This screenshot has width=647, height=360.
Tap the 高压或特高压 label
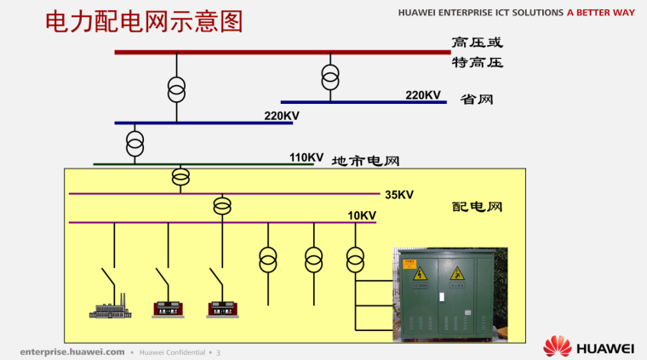point(477,51)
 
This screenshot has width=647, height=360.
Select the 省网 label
point(477,100)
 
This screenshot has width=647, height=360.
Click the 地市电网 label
point(365,160)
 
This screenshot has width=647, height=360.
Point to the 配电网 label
point(477,207)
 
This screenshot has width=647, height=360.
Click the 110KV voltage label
point(306,157)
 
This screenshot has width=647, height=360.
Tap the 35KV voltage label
point(398,195)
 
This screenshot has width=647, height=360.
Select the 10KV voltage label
point(362,215)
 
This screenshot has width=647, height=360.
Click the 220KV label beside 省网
point(423,94)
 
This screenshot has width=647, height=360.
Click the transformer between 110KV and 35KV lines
point(180,177)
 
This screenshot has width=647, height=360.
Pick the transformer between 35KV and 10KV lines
point(222,206)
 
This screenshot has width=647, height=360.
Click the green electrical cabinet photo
point(449,294)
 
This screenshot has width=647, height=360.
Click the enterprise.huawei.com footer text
point(72,351)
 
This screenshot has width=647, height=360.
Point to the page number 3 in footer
point(218,351)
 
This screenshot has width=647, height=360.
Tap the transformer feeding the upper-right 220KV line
point(330,77)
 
